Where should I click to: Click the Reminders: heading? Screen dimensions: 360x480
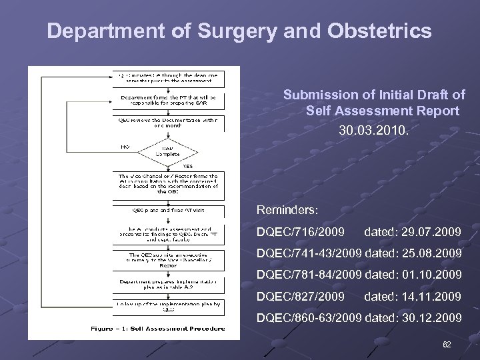point(288,209)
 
